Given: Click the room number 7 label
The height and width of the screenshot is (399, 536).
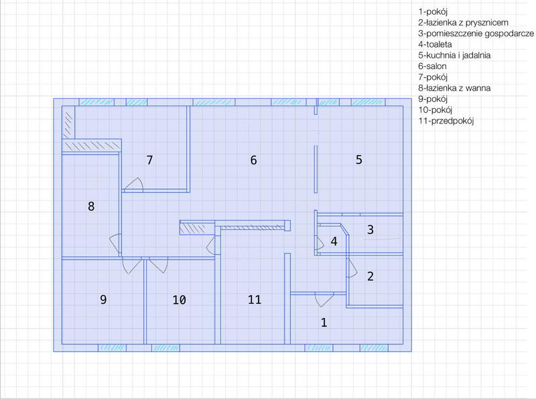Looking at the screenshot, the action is (149, 160).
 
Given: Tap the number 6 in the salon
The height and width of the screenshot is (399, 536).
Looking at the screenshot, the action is (253, 160).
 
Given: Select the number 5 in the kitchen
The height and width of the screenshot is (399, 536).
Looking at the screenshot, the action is (358, 160).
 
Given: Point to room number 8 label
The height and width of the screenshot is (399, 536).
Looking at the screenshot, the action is (91, 207).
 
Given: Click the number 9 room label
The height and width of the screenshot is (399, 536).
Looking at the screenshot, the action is (103, 300).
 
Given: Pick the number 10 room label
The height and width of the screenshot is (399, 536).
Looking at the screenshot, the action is (179, 300).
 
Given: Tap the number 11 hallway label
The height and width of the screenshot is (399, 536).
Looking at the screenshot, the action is (255, 300).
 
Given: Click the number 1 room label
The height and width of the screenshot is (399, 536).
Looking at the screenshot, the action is (324, 323).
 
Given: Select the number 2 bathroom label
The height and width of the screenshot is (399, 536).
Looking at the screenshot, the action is (371, 276).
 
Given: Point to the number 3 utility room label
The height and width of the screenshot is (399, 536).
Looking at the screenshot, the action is (371, 229).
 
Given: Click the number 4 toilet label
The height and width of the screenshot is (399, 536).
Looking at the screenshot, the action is (334, 241).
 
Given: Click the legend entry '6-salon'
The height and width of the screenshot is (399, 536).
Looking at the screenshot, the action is (432, 66).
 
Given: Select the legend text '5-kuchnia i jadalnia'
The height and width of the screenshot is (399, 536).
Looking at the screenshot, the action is (454, 55).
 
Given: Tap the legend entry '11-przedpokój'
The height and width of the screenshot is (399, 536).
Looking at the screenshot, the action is (446, 121).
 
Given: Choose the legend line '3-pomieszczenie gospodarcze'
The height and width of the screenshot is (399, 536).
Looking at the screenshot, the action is (476, 34).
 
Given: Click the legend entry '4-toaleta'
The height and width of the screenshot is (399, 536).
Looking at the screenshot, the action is (435, 44).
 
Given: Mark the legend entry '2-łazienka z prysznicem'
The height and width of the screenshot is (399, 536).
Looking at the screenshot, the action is (463, 23).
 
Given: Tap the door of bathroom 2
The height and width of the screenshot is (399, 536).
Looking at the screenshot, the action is (353, 268).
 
